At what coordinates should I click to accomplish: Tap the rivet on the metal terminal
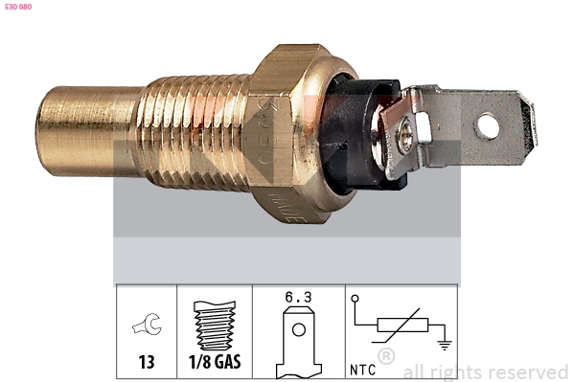408,137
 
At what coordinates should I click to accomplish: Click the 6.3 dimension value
298,298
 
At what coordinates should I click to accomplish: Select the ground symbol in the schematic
443,344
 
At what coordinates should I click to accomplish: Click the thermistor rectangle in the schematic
401,326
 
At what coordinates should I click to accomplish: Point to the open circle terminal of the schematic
356,300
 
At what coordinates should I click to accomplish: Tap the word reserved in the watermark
528,371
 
